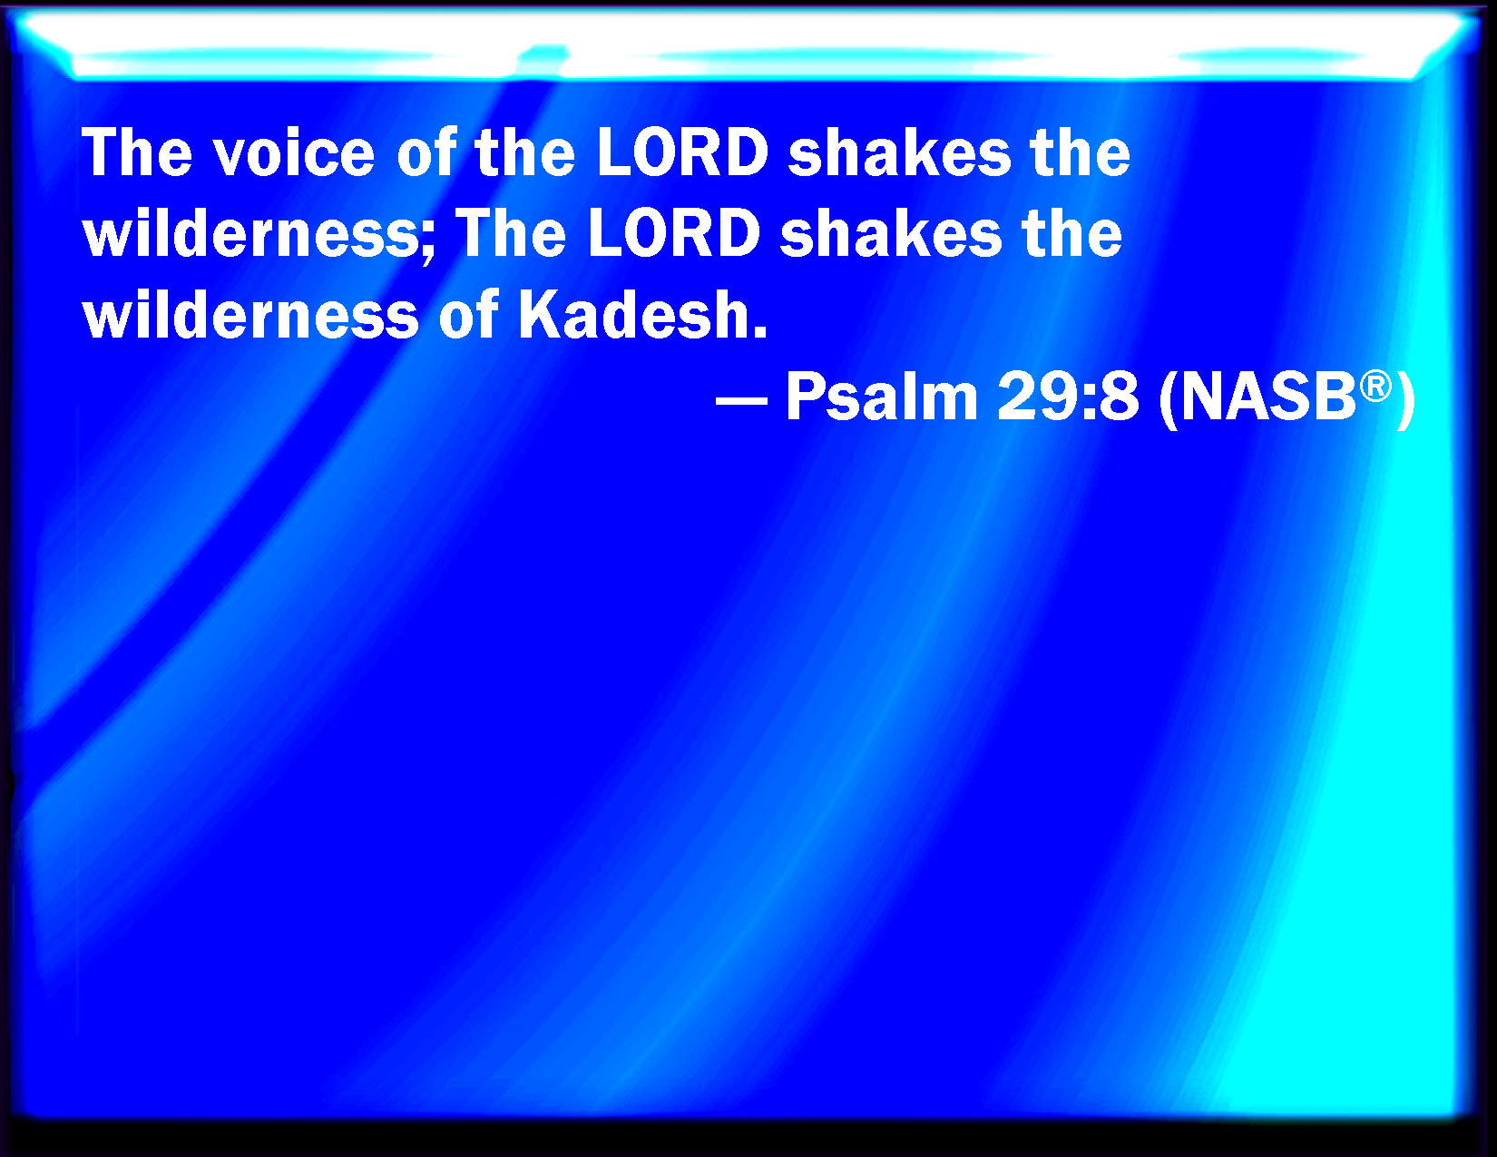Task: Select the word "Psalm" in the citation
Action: [882, 397]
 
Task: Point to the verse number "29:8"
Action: [1068, 397]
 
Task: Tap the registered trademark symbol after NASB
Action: [1375, 387]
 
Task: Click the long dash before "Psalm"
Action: [741, 400]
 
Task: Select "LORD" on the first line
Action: [682, 152]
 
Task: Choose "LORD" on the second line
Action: [674, 233]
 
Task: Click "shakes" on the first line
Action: [899, 152]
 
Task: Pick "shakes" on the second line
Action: [891, 233]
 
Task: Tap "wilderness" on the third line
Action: [250, 315]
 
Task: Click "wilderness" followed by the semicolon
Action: [250, 233]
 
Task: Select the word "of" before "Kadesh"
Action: [468, 315]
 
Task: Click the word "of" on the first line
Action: [426, 152]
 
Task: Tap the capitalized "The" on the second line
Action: [511, 233]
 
